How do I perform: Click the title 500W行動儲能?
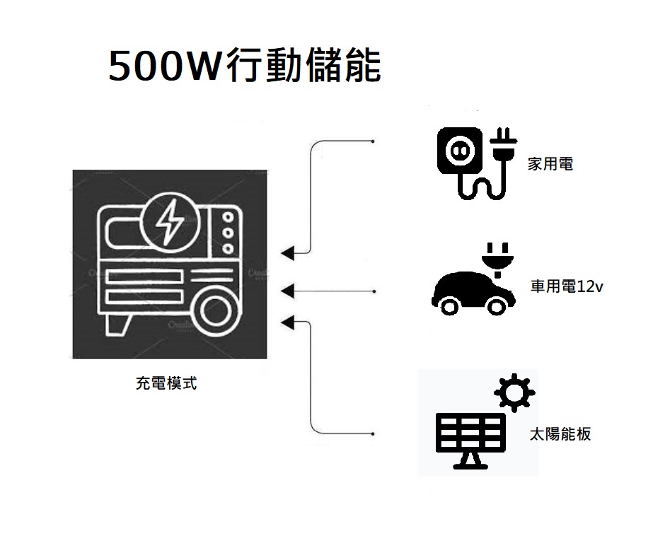coord(245,65)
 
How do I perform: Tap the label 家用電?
coord(550,163)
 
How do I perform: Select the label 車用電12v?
coord(567,286)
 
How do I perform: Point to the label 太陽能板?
coord(560,434)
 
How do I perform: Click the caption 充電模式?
coord(166,383)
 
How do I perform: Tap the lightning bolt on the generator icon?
coord(170,222)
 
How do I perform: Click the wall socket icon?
coord(460,151)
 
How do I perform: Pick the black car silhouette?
coord(473,293)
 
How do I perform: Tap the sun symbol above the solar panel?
coord(514,392)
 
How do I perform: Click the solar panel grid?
coord(470,432)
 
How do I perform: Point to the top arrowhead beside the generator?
coord(288,253)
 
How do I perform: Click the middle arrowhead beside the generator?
coord(288,291)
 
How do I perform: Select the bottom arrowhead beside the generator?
coord(288,322)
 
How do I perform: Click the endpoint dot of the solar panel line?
coord(372,434)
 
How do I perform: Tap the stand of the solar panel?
coord(470,461)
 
